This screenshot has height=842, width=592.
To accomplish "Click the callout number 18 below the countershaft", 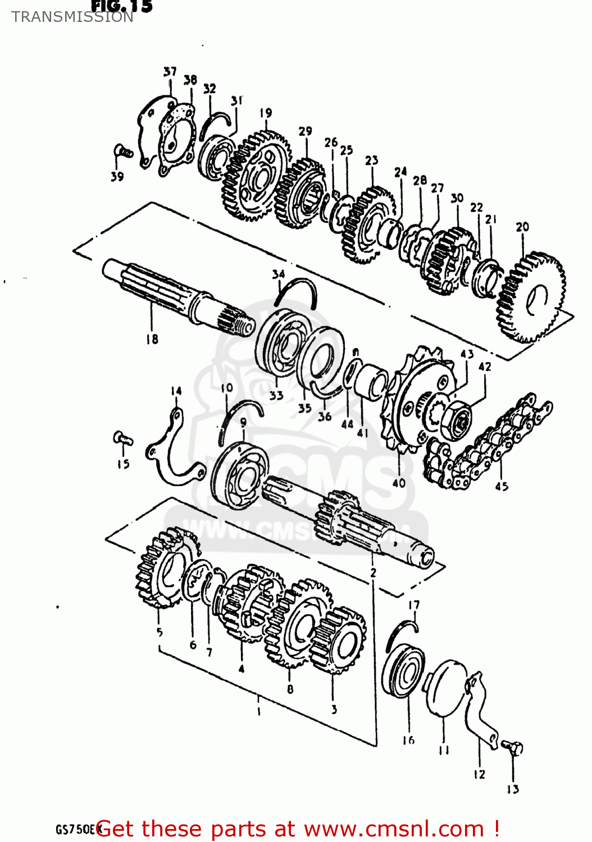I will coord(152,339).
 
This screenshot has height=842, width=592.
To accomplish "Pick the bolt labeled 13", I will coord(513,748).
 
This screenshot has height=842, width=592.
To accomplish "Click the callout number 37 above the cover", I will coord(170,71).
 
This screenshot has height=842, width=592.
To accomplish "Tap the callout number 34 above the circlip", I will coord(279,274).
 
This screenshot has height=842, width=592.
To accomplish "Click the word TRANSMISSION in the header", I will coord(72,17).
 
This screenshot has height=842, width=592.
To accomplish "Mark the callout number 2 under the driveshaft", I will coord(373,573).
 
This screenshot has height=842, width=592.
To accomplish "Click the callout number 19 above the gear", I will coord(266,113).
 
